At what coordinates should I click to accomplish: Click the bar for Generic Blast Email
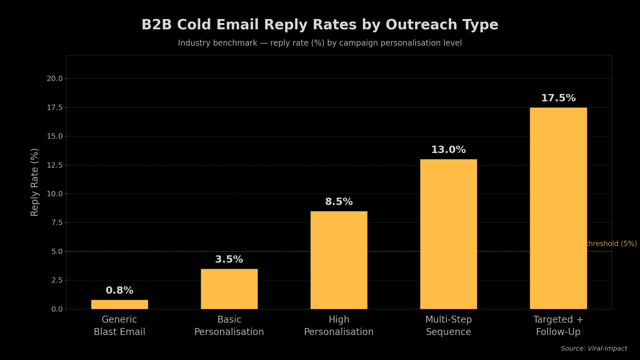coord(119,304)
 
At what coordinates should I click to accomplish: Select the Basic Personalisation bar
coord(229,289)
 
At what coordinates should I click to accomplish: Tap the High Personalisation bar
coord(339,260)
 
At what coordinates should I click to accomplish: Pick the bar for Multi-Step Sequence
coord(448,234)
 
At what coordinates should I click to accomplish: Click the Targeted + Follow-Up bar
coord(558,208)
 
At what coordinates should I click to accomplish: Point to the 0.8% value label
coord(119,291)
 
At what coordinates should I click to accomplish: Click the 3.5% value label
coord(229,260)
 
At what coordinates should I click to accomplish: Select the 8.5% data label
coord(339,202)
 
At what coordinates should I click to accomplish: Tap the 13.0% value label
coord(448,150)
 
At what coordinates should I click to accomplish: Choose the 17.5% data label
coord(558,98)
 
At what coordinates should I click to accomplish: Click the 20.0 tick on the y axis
coord(55,79)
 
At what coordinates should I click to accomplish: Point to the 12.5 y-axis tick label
coord(55,165)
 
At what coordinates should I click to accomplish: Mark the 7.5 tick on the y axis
coord(57,223)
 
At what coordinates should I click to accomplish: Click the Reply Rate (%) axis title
coord(35,182)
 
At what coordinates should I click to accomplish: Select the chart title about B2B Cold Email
coord(320,25)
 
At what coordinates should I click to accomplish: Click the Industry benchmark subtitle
coord(320,43)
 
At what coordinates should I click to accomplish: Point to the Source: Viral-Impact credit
coord(594,349)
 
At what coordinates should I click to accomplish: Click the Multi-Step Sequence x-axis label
coord(448,326)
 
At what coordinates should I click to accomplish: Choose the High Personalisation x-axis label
coord(339,326)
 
